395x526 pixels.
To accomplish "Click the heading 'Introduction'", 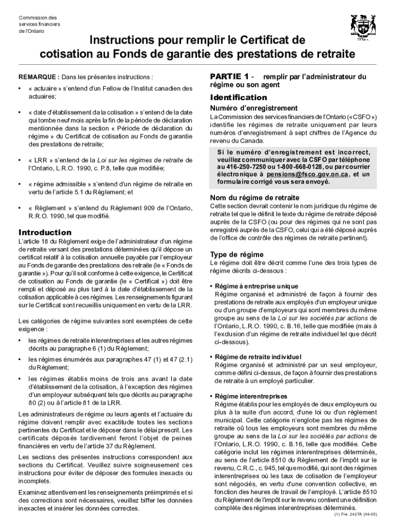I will [45, 232].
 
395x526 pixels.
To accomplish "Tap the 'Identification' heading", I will [239, 97].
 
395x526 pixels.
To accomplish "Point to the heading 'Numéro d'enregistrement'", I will [254, 108].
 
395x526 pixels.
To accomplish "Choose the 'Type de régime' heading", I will [237, 254].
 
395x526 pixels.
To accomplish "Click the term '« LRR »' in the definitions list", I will [42, 160].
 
